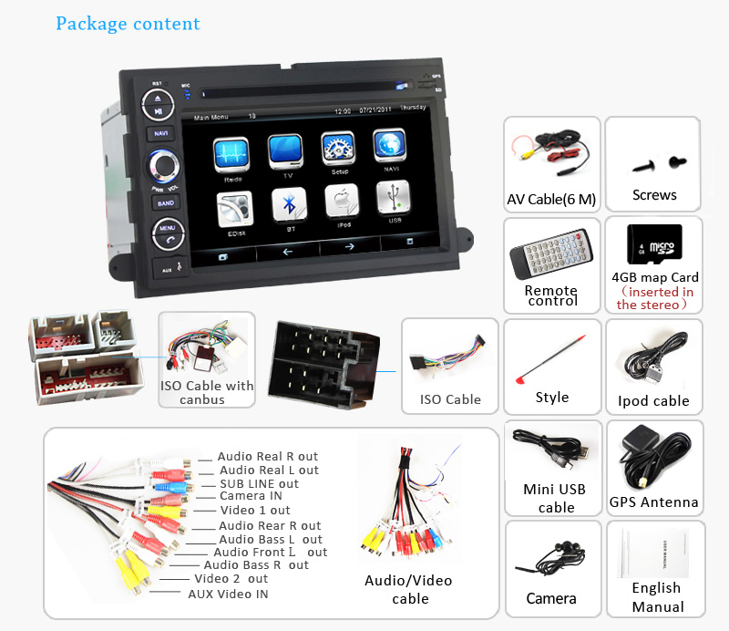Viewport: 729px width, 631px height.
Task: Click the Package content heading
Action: (x=128, y=24)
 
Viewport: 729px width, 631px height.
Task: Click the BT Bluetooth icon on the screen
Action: (x=289, y=206)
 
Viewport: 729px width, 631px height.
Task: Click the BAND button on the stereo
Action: (x=165, y=203)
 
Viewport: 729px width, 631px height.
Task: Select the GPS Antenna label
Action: (x=653, y=502)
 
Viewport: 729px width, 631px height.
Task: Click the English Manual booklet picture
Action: (x=655, y=551)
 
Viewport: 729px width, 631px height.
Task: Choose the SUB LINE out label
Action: (x=259, y=483)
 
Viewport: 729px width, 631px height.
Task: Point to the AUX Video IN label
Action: (x=228, y=594)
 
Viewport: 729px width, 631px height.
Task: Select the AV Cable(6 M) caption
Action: (x=552, y=199)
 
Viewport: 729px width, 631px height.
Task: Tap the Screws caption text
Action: (x=654, y=195)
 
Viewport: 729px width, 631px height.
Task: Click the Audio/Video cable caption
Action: (x=409, y=589)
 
